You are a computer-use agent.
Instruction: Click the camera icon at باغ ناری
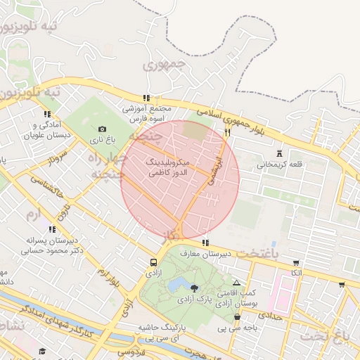[103, 129]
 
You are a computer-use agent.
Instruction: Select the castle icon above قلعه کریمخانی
[281, 153]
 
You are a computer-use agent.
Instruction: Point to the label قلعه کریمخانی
[279, 165]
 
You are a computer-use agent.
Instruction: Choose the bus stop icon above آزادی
[153, 262]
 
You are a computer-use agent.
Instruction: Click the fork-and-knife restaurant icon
[227, 133]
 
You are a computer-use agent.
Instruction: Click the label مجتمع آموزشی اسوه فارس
[147, 114]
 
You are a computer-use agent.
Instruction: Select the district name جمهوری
[162, 65]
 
